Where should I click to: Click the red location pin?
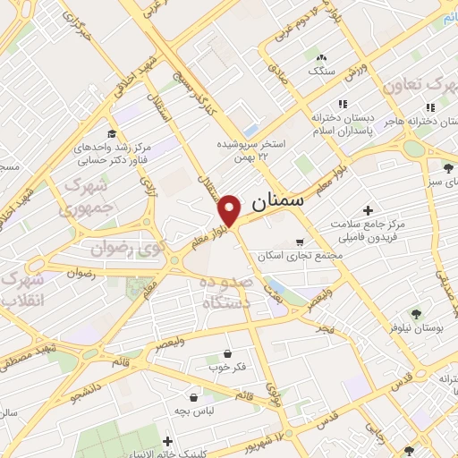tap(230, 209)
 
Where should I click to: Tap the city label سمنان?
tap(278, 203)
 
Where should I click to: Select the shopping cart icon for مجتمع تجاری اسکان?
tap(300, 242)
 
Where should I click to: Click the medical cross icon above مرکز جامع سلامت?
tap(367, 209)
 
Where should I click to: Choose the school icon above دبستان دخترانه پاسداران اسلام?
tap(340, 104)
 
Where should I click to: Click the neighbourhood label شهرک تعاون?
tap(420, 87)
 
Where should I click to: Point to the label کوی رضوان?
tap(123, 246)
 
